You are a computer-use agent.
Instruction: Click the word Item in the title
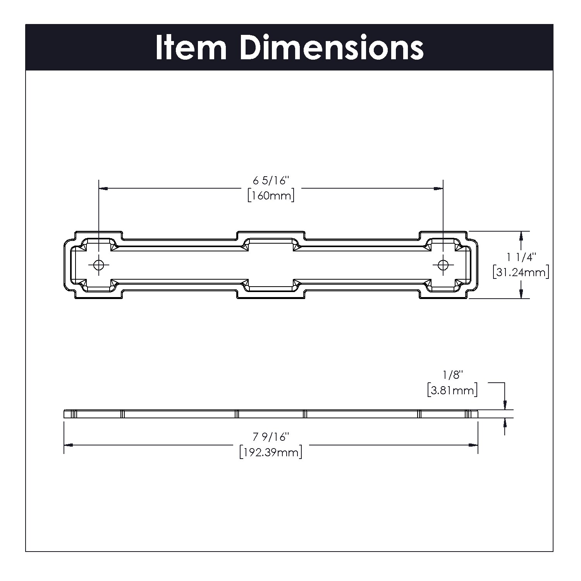click(x=191, y=48)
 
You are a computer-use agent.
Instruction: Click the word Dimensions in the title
click(x=332, y=48)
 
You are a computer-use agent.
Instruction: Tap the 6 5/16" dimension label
click(x=272, y=180)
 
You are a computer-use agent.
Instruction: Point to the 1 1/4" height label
click(x=521, y=257)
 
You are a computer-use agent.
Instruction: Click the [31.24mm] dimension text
click(x=521, y=272)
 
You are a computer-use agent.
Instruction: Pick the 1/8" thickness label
click(x=453, y=375)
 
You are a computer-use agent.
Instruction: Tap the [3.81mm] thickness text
click(x=452, y=390)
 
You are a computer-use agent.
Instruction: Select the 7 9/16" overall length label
click(x=271, y=437)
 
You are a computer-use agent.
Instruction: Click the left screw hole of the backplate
click(x=99, y=265)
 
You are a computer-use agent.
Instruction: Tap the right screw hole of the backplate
click(x=443, y=265)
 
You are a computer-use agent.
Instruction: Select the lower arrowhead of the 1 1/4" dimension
click(x=521, y=294)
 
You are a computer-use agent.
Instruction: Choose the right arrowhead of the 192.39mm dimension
click(x=473, y=445)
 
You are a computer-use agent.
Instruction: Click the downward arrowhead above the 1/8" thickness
click(x=505, y=405)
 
